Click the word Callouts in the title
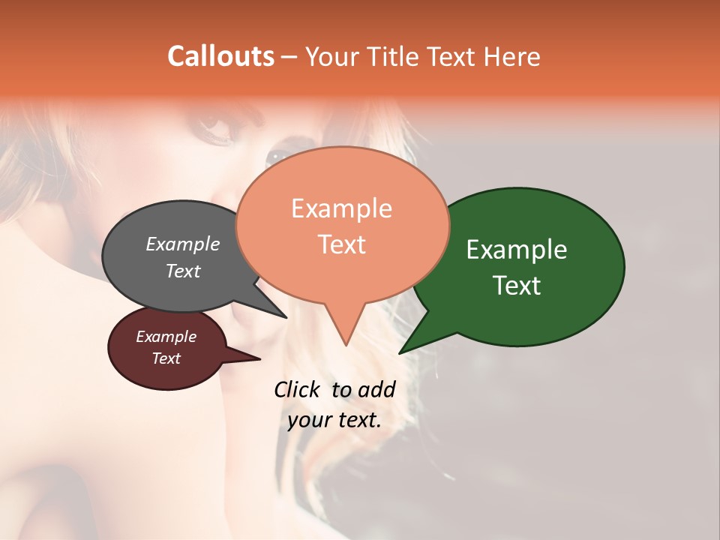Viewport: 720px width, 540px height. pos(220,56)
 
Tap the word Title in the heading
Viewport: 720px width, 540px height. pos(391,56)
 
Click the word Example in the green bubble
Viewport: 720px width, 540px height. pos(517,250)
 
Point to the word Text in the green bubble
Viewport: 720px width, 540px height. pos(517,286)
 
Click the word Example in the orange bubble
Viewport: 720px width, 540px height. pos(341,208)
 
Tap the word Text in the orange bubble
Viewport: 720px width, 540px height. pos(342,244)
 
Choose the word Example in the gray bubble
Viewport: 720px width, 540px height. pos(183,244)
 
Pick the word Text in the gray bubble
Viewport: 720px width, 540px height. pos(183,271)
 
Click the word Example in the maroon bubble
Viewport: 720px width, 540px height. pos(166,337)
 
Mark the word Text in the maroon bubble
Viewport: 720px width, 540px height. pos(166,358)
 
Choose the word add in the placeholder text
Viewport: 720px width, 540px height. pos(377,389)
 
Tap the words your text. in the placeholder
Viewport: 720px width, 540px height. pos(334,420)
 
